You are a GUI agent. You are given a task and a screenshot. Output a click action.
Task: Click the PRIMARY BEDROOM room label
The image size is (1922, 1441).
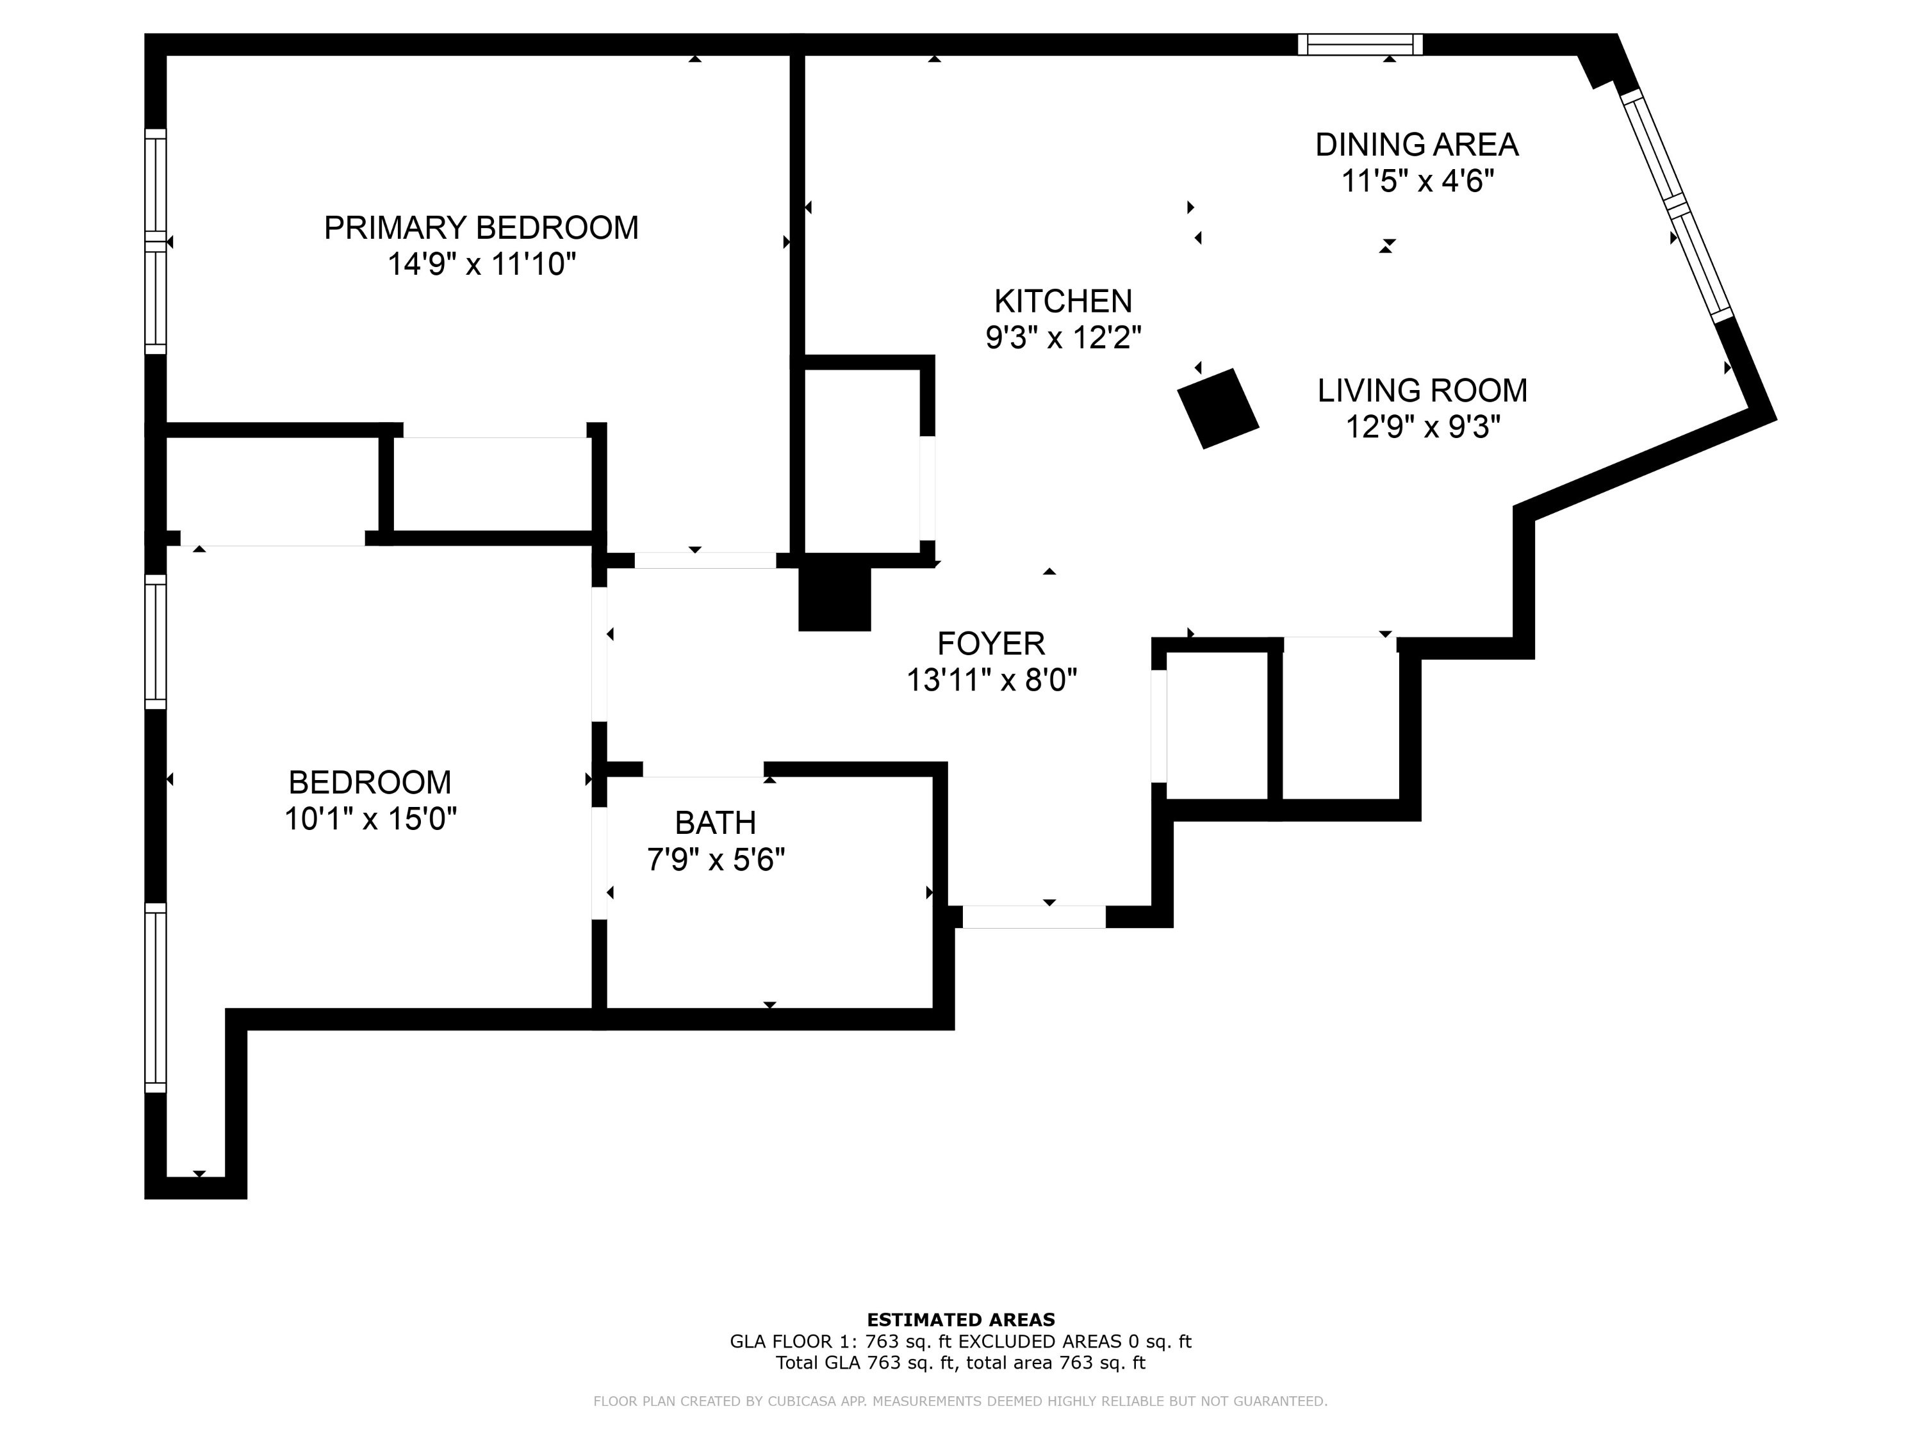coord(481,227)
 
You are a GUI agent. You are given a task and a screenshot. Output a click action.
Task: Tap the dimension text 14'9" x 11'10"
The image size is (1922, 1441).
coord(481,263)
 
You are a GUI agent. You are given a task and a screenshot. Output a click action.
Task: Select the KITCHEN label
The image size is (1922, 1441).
coord(1063,302)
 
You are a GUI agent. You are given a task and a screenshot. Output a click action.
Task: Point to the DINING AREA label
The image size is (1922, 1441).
coord(1417,144)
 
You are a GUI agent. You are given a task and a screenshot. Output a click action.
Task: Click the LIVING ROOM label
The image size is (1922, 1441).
coord(1422,391)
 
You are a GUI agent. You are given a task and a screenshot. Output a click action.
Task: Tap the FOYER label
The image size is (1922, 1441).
coord(990,644)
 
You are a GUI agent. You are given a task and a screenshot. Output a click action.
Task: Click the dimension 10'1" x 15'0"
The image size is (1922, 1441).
coord(370,818)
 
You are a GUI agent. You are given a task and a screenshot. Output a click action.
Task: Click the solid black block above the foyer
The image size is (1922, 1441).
coord(834,599)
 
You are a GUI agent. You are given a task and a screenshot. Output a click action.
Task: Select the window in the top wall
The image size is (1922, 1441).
coord(1360,44)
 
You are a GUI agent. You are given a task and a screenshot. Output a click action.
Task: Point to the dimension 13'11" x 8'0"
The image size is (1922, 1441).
coord(991,680)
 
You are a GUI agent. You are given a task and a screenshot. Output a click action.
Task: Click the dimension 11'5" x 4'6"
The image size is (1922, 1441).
coord(1417,181)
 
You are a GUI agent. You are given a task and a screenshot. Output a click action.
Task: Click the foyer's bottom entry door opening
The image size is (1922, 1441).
coord(1034,916)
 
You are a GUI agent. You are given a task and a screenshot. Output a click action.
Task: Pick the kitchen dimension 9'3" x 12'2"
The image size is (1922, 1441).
coord(1063,337)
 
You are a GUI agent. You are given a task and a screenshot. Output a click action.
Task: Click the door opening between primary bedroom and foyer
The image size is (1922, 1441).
coord(705,560)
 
